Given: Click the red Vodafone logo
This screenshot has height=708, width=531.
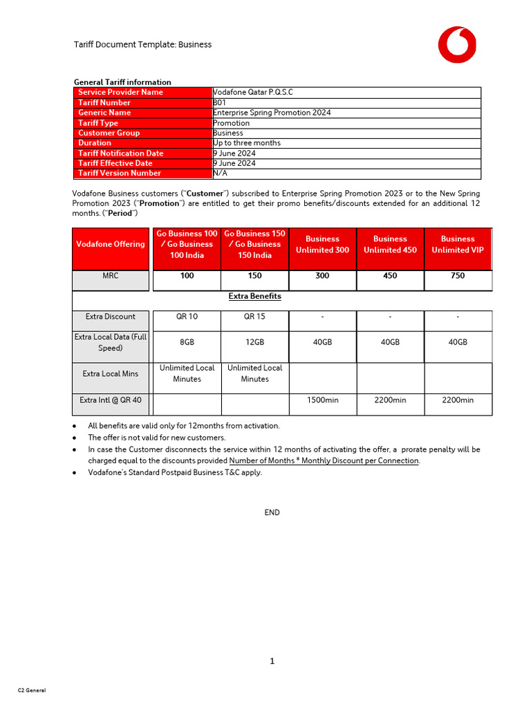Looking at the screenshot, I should (456, 44).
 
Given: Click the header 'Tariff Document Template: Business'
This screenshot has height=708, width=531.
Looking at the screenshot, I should (142, 44).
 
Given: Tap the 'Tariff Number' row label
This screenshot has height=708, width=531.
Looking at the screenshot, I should (104, 102).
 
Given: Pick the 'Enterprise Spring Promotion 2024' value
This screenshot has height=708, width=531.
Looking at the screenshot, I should (272, 113).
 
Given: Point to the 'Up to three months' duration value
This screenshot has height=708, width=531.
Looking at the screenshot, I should (247, 143).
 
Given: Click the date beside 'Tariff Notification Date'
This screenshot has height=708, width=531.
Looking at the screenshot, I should (234, 153).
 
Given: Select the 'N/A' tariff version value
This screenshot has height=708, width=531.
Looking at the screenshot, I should (220, 174).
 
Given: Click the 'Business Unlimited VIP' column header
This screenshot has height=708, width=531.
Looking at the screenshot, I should (458, 245).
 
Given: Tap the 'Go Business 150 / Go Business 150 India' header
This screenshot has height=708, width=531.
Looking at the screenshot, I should (254, 245).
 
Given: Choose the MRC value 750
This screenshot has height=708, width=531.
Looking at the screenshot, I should (458, 276).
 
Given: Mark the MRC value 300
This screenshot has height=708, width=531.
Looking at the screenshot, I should (322, 276).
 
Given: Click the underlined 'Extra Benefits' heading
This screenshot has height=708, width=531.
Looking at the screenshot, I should (254, 297).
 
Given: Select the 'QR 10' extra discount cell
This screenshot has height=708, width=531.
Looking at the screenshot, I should (187, 317).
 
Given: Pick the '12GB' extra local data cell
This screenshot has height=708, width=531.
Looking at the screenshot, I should (254, 342).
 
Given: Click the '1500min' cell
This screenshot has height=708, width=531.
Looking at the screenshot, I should (322, 400).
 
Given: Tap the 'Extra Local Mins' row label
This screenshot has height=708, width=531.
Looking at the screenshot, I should (111, 374).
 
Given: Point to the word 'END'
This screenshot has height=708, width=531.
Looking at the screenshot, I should (272, 512).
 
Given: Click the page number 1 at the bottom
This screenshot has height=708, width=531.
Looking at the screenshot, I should (272, 661).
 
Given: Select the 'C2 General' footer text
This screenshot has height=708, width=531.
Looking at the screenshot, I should (32, 691).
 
